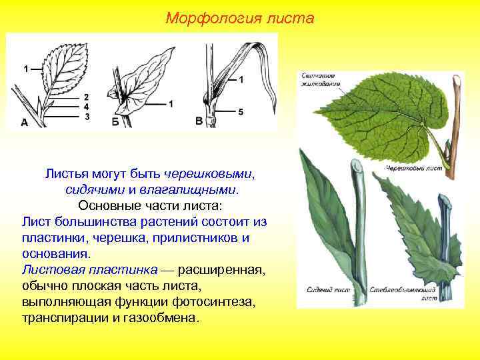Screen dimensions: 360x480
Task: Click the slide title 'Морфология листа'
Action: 239,18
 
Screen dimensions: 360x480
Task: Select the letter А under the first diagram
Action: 25,122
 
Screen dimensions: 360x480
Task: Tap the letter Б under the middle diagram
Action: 115,122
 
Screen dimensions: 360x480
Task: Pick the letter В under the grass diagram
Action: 199,121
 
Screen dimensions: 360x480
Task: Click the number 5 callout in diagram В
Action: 240,111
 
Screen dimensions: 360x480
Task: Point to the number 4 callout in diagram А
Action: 87,107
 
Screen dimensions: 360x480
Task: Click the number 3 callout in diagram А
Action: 87,117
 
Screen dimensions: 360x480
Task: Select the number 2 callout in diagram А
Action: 87,97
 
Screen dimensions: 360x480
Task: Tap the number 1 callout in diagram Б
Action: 171,103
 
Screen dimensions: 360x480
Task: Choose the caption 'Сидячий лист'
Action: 326,290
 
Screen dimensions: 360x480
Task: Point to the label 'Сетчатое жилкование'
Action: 321,79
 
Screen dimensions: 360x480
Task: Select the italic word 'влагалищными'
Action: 193,189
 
